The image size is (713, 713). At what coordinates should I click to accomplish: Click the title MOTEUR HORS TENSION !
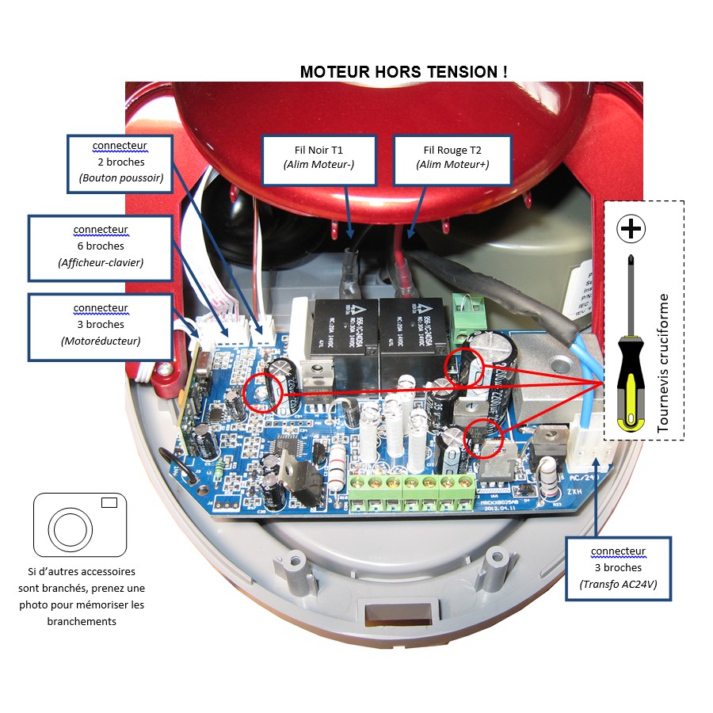click(404, 72)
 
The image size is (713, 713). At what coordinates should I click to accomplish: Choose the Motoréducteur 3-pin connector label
click(101, 325)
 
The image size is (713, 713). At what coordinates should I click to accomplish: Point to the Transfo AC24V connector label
click(619, 568)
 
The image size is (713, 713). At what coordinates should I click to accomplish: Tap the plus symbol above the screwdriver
click(631, 229)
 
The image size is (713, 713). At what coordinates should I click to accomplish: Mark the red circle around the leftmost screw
click(262, 392)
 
